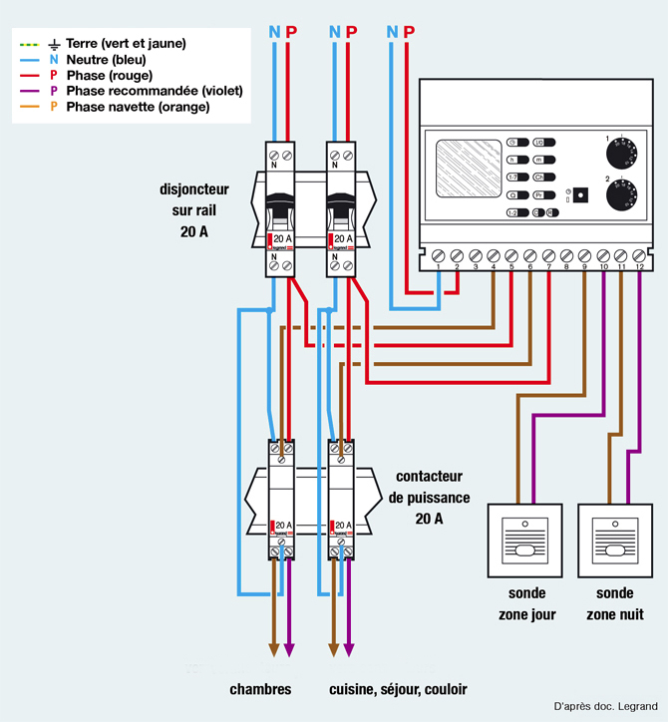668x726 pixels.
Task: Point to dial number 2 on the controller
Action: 626,195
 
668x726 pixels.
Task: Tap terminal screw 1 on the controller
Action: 439,255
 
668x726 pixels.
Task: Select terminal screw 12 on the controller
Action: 640,255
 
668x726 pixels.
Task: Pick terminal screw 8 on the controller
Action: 566,255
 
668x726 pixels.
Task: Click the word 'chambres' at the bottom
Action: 259,689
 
